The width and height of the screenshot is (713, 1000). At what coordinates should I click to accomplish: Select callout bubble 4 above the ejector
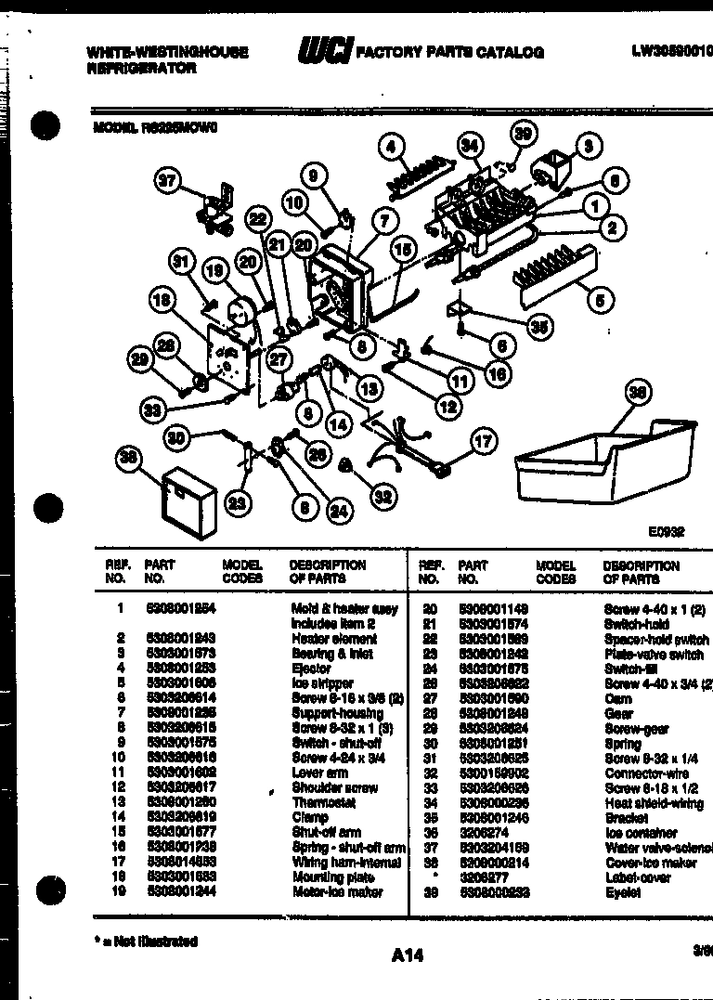(x=392, y=146)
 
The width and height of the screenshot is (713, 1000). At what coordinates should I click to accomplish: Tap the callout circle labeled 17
(x=483, y=442)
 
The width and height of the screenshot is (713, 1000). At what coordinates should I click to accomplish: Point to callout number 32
(x=383, y=497)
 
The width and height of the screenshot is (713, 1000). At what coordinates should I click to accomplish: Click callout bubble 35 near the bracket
(x=538, y=325)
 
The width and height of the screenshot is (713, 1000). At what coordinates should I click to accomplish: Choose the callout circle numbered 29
(x=139, y=360)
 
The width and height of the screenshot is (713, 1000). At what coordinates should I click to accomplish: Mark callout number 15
(x=402, y=250)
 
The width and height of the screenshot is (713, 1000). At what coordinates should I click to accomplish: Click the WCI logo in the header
(x=325, y=51)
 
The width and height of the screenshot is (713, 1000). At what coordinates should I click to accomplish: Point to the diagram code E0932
(x=666, y=532)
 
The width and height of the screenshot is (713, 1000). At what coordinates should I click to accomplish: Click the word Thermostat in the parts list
(x=324, y=802)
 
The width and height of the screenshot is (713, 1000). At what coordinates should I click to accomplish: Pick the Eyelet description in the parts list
(x=622, y=892)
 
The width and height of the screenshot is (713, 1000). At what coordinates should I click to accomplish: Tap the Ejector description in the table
(x=311, y=669)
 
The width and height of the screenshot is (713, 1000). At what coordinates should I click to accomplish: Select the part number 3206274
(x=479, y=833)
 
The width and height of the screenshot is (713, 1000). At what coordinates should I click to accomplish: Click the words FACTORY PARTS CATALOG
(x=450, y=52)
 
